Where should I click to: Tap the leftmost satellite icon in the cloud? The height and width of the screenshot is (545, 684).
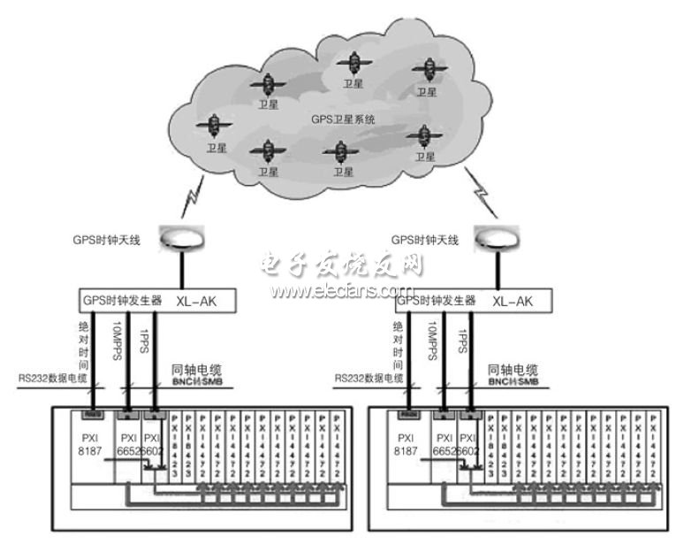point(213,127)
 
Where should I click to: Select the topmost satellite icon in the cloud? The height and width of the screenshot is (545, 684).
point(354,62)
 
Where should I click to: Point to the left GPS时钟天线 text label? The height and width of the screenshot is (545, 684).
point(112,240)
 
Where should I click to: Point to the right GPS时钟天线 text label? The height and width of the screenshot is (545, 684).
point(427,240)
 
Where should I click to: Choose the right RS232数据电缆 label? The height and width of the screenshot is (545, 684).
point(366,379)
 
